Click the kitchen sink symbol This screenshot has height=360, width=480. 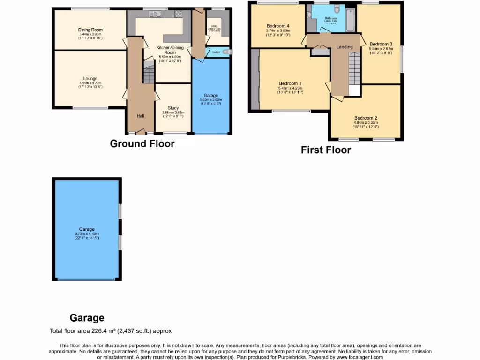pyautogui.click(x=155, y=14)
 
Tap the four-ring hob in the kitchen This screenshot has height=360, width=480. pyautogui.click(x=179, y=14)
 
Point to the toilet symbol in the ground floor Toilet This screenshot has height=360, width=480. pyautogui.click(x=226, y=52)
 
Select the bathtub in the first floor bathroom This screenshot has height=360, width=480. pyautogui.click(x=351, y=20)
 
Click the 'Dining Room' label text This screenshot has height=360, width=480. pyautogui.click(x=90, y=30)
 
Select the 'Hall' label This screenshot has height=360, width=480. pyautogui.click(x=140, y=116)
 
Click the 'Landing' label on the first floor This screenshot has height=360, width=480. pyautogui.click(x=345, y=47)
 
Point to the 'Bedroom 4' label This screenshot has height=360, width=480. pyautogui.click(x=278, y=26)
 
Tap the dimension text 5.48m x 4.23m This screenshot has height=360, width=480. pyautogui.click(x=290, y=88)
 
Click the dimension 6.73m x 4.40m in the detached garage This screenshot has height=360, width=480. pyautogui.click(x=87, y=234)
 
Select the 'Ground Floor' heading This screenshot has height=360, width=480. pyautogui.click(x=142, y=143)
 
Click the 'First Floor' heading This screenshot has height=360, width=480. pyautogui.click(x=326, y=150)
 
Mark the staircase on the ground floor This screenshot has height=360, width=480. pyautogui.click(x=149, y=73)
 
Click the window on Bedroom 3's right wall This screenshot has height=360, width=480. pyautogui.click(x=402, y=59)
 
